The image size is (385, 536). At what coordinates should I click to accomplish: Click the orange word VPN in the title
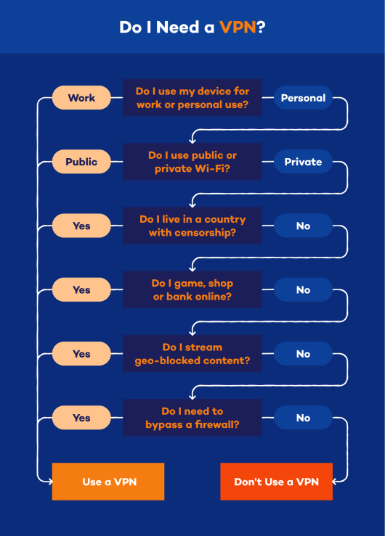click(x=238, y=27)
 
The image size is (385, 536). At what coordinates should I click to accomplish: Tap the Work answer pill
click(x=81, y=98)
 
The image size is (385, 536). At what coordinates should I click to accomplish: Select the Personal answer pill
click(x=303, y=98)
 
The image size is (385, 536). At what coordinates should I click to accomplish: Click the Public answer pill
click(x=81, y=162)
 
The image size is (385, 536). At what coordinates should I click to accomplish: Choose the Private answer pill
click(x=303, y=162)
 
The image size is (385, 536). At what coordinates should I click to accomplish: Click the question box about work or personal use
click(x=192, y=98)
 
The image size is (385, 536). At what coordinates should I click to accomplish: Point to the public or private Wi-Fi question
click(x=192, y=162)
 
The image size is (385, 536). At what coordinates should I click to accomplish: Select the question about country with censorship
click(x=192, y=226)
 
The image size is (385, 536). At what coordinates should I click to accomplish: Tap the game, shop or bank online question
click(x=192, y=289)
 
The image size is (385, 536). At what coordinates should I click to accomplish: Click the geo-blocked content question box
click(x=192, y=353)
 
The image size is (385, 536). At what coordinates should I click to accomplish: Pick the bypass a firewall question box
click(x=192, y=417)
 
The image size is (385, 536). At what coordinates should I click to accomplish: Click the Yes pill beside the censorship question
click(x=81, y=226)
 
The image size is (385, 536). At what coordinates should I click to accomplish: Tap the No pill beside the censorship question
click(x=303, y=226)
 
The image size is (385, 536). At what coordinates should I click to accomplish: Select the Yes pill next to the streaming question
click(x=81, y=353)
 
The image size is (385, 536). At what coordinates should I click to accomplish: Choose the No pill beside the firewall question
click(x=303, y=417)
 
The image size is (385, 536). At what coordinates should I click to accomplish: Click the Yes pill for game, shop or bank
click(x=81, y=289)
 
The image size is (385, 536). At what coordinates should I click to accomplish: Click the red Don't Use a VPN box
click(x=277, y=482)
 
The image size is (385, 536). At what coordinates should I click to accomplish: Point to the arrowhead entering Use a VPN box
click(x=50, y=482)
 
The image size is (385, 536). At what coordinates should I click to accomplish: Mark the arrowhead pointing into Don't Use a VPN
click(x=335, y=482)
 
